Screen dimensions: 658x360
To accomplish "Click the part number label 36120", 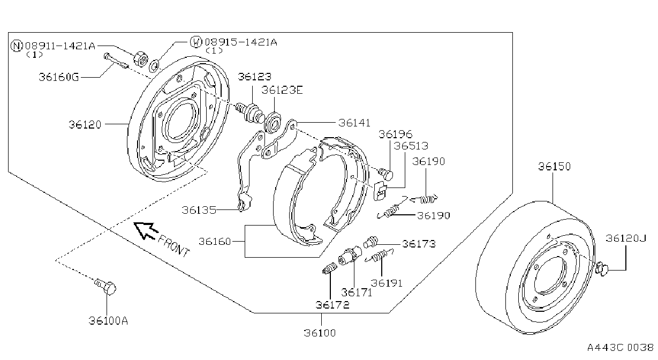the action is (85, 125).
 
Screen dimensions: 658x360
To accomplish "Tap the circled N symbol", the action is (17, 46).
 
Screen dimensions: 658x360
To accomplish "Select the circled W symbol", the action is (196, 42).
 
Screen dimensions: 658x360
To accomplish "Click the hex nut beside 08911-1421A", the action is (140, 59).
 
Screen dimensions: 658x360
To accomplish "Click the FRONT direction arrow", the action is (146, 230).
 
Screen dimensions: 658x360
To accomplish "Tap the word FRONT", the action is (174, 246).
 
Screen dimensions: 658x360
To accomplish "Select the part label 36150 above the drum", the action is (554, 166).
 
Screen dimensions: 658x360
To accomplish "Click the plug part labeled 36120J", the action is (601, 268).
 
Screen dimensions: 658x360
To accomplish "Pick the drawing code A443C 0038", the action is (621, 348).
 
